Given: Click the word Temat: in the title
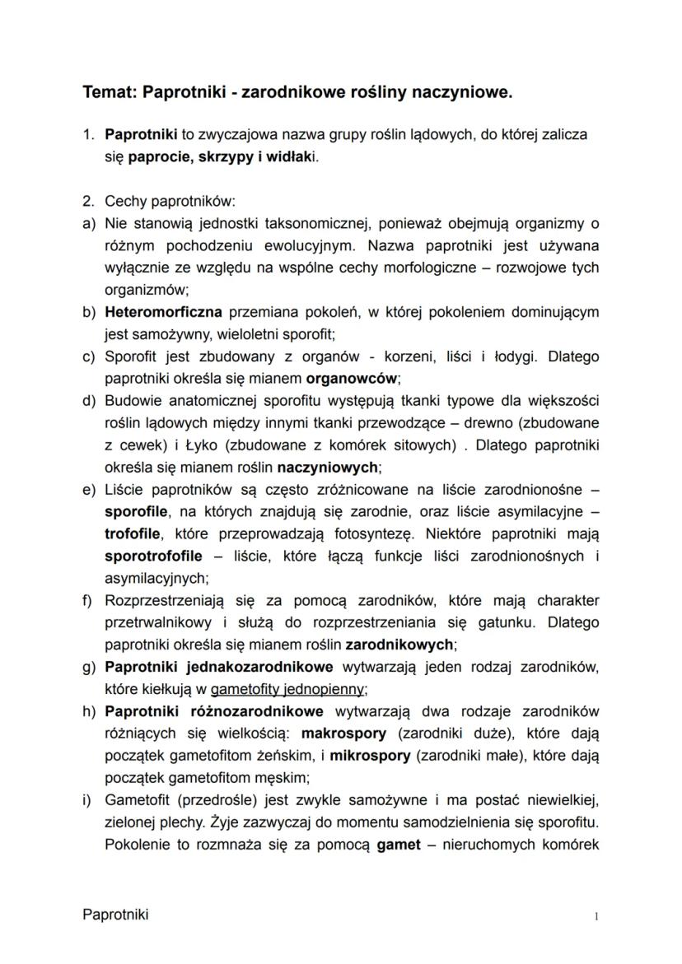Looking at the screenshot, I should click(x=110, y=93).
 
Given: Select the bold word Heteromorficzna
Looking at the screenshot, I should click(x=163, y=312).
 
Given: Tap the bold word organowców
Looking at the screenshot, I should click(x=352, y=379).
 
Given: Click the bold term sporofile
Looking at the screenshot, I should click(x=136, y=512).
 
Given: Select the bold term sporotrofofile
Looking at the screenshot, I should click(x=153, y=557).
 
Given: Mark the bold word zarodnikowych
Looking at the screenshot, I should click(x=399, y=645).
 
